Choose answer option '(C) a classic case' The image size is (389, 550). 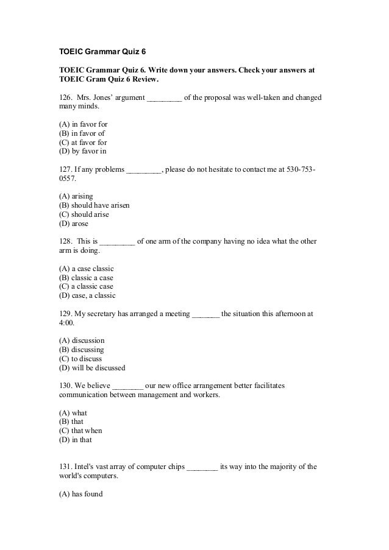coord(86,286)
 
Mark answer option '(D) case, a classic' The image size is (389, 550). coord(87,295)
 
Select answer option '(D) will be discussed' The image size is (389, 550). coord(92,367)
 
